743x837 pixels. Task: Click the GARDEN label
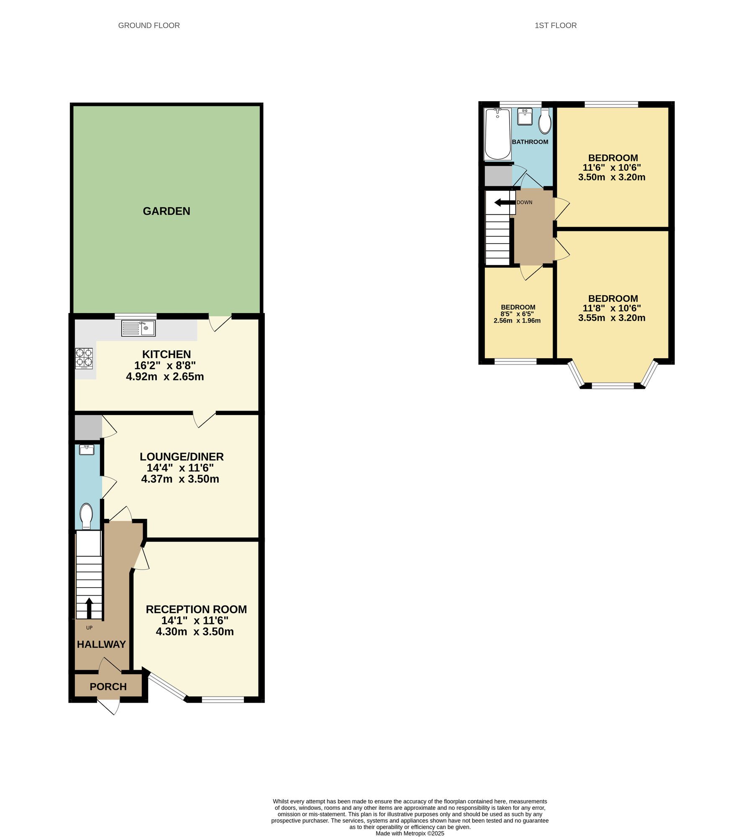[167, 211]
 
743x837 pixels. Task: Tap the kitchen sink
[138, 328]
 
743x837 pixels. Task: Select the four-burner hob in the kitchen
[84, 358]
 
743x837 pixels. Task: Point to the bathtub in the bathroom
[497, 134]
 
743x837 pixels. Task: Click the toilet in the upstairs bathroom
[545, 122]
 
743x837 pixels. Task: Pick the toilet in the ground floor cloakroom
[86, 516]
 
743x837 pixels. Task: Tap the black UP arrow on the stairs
[89, 607]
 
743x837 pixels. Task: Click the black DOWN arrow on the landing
[504, 203]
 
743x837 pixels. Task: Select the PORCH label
[108, 687]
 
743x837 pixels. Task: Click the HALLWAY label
[101, 644]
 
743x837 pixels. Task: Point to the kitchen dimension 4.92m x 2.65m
[165, 377]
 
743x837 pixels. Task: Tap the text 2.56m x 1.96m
[517, 321]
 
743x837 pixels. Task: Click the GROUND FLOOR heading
[149, 26]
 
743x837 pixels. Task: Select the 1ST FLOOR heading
[556, 26]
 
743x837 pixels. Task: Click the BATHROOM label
[530, 142]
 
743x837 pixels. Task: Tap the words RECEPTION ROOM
[196, 609]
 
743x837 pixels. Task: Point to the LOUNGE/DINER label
[182, 457]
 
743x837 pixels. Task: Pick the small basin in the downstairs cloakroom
[87, 450]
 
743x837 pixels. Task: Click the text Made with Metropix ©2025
[410, 833]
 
